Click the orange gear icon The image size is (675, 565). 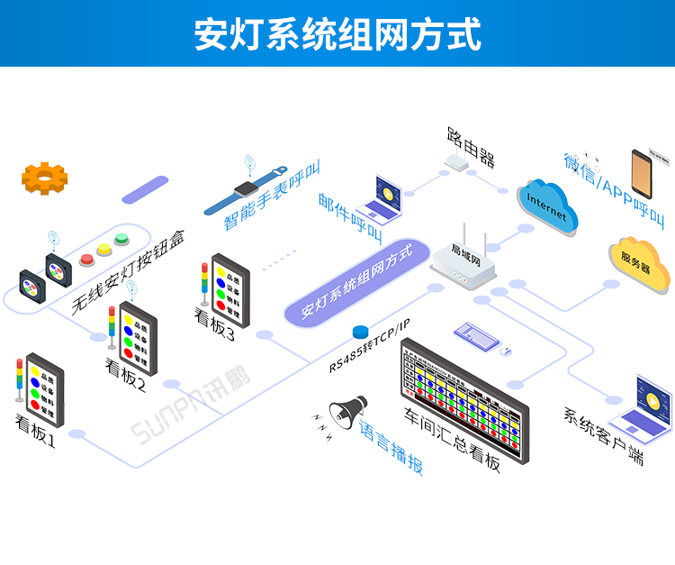click(45, 178)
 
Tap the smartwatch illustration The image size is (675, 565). click(246, 190)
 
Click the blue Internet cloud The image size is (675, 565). click(547, 207)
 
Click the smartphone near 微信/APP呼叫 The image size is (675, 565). click(641, 169)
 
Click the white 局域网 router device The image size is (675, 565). click(463, 261)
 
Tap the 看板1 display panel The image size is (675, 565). click(45, 394)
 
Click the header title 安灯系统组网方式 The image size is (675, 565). click(337, 33)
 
